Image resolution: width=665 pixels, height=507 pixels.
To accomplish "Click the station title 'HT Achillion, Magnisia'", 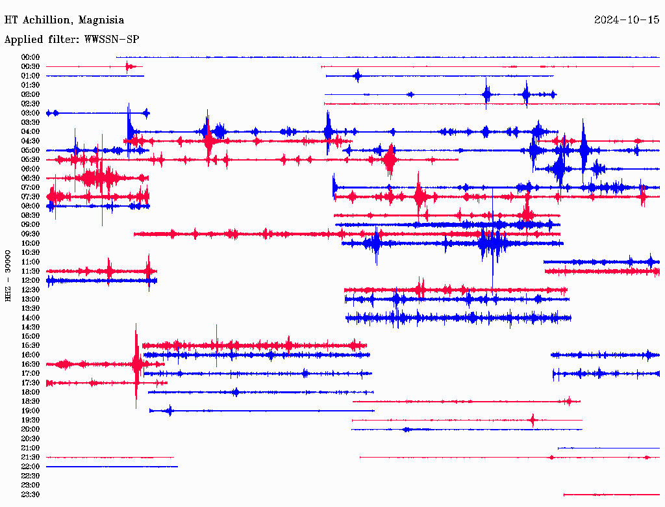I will click(64, 20).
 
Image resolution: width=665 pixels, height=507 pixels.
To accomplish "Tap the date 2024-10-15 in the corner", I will click(626, 20).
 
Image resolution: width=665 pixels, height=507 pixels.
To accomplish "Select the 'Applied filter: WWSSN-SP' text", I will click(71, 40).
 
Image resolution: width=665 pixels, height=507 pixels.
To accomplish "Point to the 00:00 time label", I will click(31, 57).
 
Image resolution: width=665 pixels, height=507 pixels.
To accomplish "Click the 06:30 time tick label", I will click(31, 178).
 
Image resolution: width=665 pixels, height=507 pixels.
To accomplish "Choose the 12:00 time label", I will click(31, 280).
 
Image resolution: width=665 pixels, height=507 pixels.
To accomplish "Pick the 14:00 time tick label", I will click(31, 317).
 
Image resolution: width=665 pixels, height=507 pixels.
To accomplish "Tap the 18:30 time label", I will click(31, 401).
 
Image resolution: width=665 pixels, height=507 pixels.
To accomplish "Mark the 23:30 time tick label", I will click(31, 494).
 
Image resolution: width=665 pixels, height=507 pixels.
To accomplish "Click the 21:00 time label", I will click(31, 448).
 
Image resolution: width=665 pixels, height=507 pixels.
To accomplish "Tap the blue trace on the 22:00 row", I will click(110, 467).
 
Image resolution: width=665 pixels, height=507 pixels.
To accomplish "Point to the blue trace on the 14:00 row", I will click(458, 318).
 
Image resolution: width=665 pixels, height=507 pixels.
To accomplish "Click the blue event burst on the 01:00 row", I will click(357, 76).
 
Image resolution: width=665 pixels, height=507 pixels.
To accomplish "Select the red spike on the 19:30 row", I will click(533, 420).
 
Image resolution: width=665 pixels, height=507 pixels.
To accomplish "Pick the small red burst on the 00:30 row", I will click(128, 66).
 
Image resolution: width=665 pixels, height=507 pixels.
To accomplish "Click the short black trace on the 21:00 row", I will click(608, 448).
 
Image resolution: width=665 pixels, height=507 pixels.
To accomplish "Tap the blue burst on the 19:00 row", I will click(169, 411).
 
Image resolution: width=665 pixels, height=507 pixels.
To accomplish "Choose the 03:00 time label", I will click(31, 113).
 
